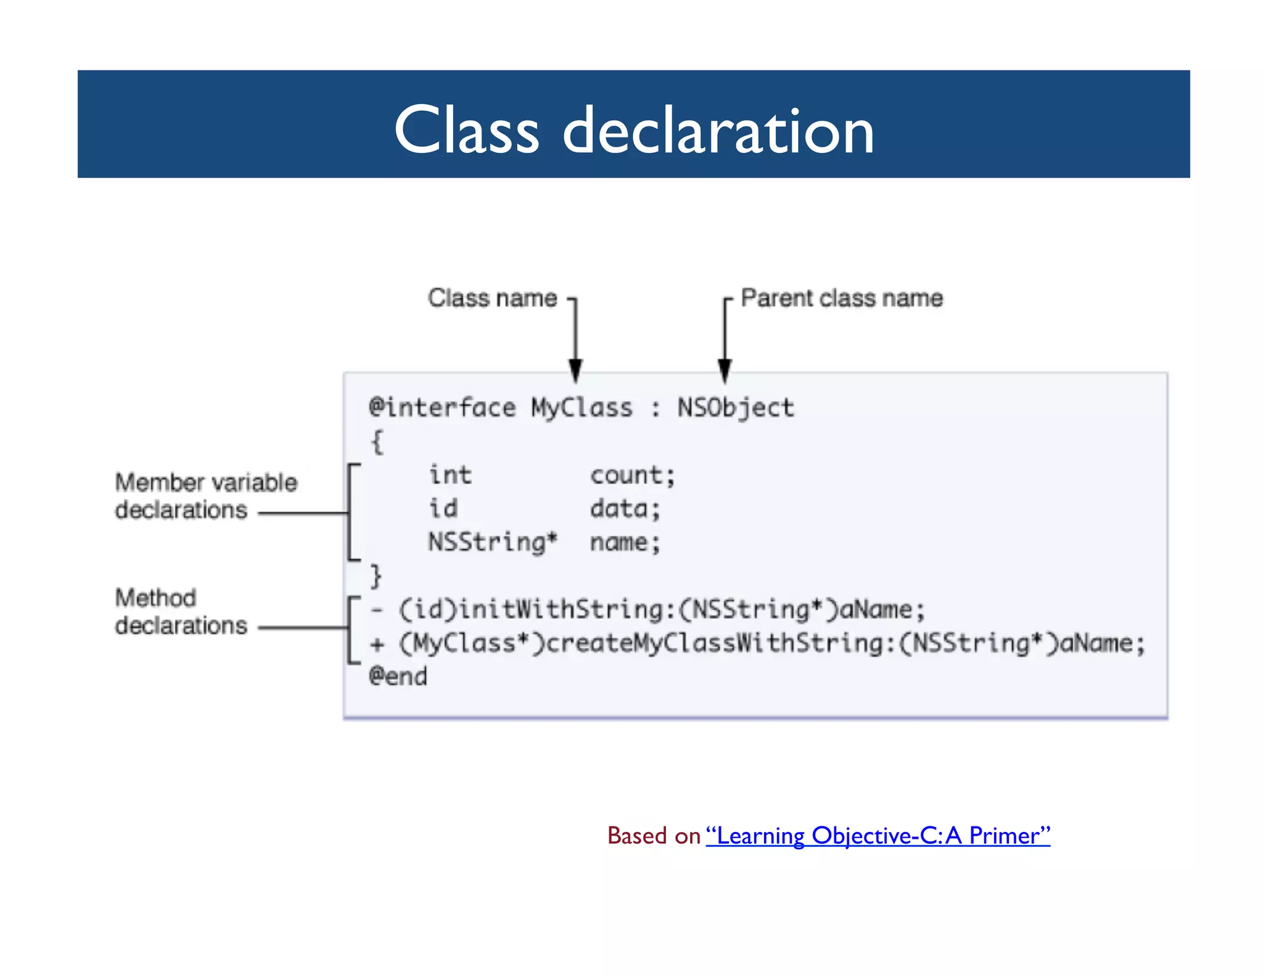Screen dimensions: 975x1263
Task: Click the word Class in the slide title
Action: pyautogui.click(x=466, y=130)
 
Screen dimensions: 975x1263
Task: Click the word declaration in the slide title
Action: pyautogui.click(x=718, y=130)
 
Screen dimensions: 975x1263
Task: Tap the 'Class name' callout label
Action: pyautogui.click(x=492, y=298)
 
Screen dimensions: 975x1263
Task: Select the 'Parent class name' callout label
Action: pyautogui.click(x=841, y=298)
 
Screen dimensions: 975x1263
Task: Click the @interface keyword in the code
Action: pyautogui.click(x=442, y=408)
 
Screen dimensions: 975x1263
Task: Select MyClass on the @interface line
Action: pyautogui.click(x=582, y=408)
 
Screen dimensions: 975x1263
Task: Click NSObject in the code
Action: pyautogui.click(x=736, y=408)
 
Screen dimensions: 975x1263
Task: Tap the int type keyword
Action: pyautogui.click(x=450, y=475)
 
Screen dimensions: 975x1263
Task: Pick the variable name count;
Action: pyautogui.click(x=633, y=475)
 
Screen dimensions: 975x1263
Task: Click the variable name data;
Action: pyautogui.click(x=625, y=509)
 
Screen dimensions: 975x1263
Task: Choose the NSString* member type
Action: pyautogui.click(x=493, y=542)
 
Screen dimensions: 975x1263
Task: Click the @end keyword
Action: pyautogui.click(x=398, y=677)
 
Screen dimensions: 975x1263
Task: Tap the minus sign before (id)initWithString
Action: pyautogui.click(x=377, y=610)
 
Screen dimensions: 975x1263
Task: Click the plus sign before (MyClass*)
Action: pyautogui.click(x=377, y=645)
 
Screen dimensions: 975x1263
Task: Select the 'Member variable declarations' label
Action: pyautogui.click(x=205, y=496)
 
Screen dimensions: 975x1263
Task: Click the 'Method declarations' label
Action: pyautogui.click(x=181, y=611)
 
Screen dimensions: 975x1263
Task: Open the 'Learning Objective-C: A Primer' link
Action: pyautogui.click(x=878, y=836)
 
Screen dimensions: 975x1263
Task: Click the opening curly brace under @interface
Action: pyautogui.click(x=377, y=442)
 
